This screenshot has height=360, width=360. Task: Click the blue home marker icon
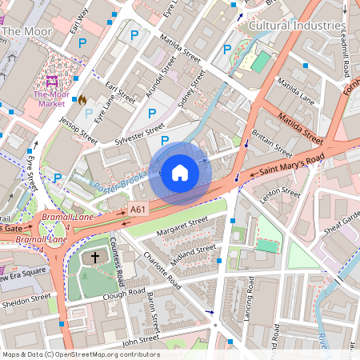pos(180,172)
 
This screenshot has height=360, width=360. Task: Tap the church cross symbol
pos(95,258)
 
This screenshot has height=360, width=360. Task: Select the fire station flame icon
pos(82,100)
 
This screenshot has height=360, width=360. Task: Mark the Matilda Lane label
pos(295,91)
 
